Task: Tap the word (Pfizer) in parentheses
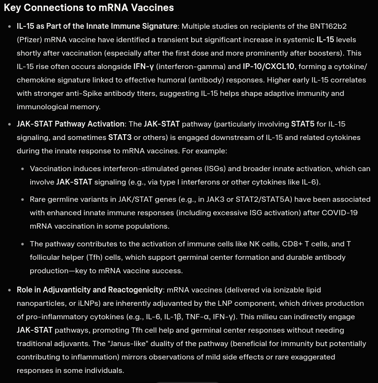pos(32,40)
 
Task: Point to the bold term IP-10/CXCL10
pos(268,67)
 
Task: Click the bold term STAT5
pos(302,124)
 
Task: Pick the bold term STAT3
pos(120,138)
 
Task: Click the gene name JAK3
pos(216,199)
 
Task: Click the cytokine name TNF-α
pos(197,317)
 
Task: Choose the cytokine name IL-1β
pos(172,317)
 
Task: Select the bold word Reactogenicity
pos(135,290)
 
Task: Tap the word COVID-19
pos(340,213)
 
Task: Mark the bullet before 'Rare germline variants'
pos(23,199)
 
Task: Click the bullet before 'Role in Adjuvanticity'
pos(10,290)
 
